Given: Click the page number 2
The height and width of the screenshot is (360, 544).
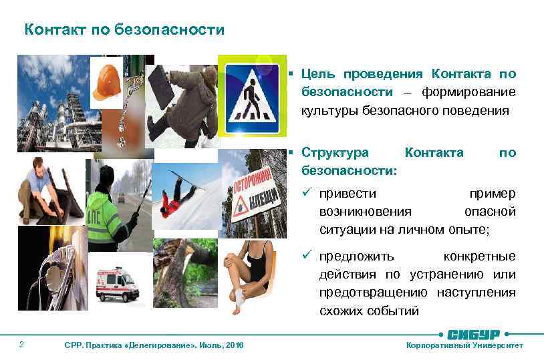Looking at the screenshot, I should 22,345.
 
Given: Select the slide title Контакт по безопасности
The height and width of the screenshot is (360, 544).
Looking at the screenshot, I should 124,30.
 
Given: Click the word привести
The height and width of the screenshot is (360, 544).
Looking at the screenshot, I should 347,194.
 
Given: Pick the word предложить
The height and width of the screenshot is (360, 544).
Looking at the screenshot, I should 357,256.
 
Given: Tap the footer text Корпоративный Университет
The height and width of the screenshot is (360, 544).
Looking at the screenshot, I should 465,345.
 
